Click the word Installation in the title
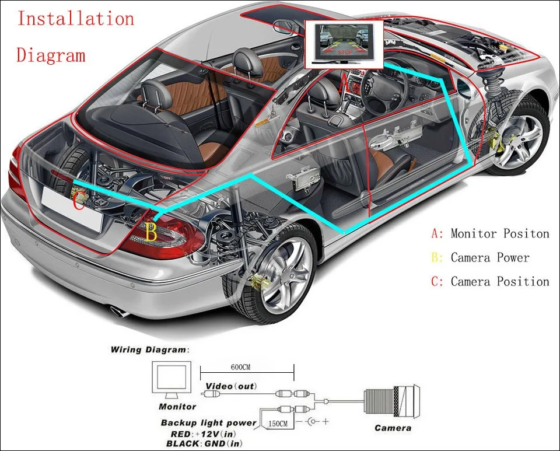pos(76,19)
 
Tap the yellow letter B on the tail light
pos(151,232)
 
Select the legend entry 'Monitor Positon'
pos(499,234)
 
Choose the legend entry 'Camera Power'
pos(490,258)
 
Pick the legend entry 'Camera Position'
pos(499,282)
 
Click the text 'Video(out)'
pos(231,386)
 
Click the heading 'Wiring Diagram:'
pos(150,350)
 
